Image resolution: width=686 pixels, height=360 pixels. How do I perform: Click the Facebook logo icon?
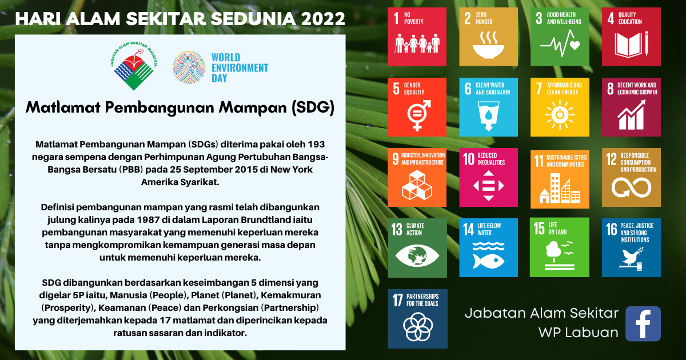[x=643, y=323]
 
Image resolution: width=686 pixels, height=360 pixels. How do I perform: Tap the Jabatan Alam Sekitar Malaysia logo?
[x=134, y=66]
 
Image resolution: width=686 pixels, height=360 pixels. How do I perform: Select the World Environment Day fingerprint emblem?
[x=189, y=67]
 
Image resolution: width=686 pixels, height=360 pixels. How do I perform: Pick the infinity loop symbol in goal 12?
[x=631, y=187]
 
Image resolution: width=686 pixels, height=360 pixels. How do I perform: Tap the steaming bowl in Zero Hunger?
[x=488, y=46]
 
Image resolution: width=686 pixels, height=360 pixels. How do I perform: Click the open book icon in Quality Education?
[x=631, y=44]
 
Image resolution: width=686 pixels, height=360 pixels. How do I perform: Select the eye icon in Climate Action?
[x=417, y=255]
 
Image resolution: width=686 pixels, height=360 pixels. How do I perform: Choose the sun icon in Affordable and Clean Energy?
[x=560, y=114]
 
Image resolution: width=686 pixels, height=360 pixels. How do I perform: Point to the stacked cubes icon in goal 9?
[x=417, y=185]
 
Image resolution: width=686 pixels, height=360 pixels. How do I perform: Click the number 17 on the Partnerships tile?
[x=398, y=299]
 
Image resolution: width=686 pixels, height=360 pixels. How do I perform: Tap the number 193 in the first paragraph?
[x=316, y=144]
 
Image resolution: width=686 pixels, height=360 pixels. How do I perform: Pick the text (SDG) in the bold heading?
[x=313, y=108]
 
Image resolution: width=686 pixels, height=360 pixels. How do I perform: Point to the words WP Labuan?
[x=579, y=333]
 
